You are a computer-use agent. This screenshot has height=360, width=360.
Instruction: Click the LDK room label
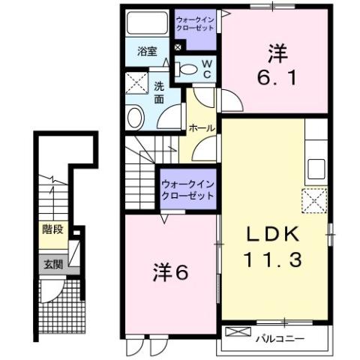tap(274, 234)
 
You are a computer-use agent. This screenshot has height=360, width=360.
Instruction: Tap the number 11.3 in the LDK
tap(274, 260)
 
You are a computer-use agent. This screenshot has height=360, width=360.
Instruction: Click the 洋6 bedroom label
tap(172, 271)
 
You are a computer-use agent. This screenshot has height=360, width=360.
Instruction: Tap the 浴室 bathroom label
tap(146, 52)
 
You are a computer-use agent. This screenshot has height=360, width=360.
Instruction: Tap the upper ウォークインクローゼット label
tap(194, 23)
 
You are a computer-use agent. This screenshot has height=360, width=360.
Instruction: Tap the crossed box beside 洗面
tap(136, 82)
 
